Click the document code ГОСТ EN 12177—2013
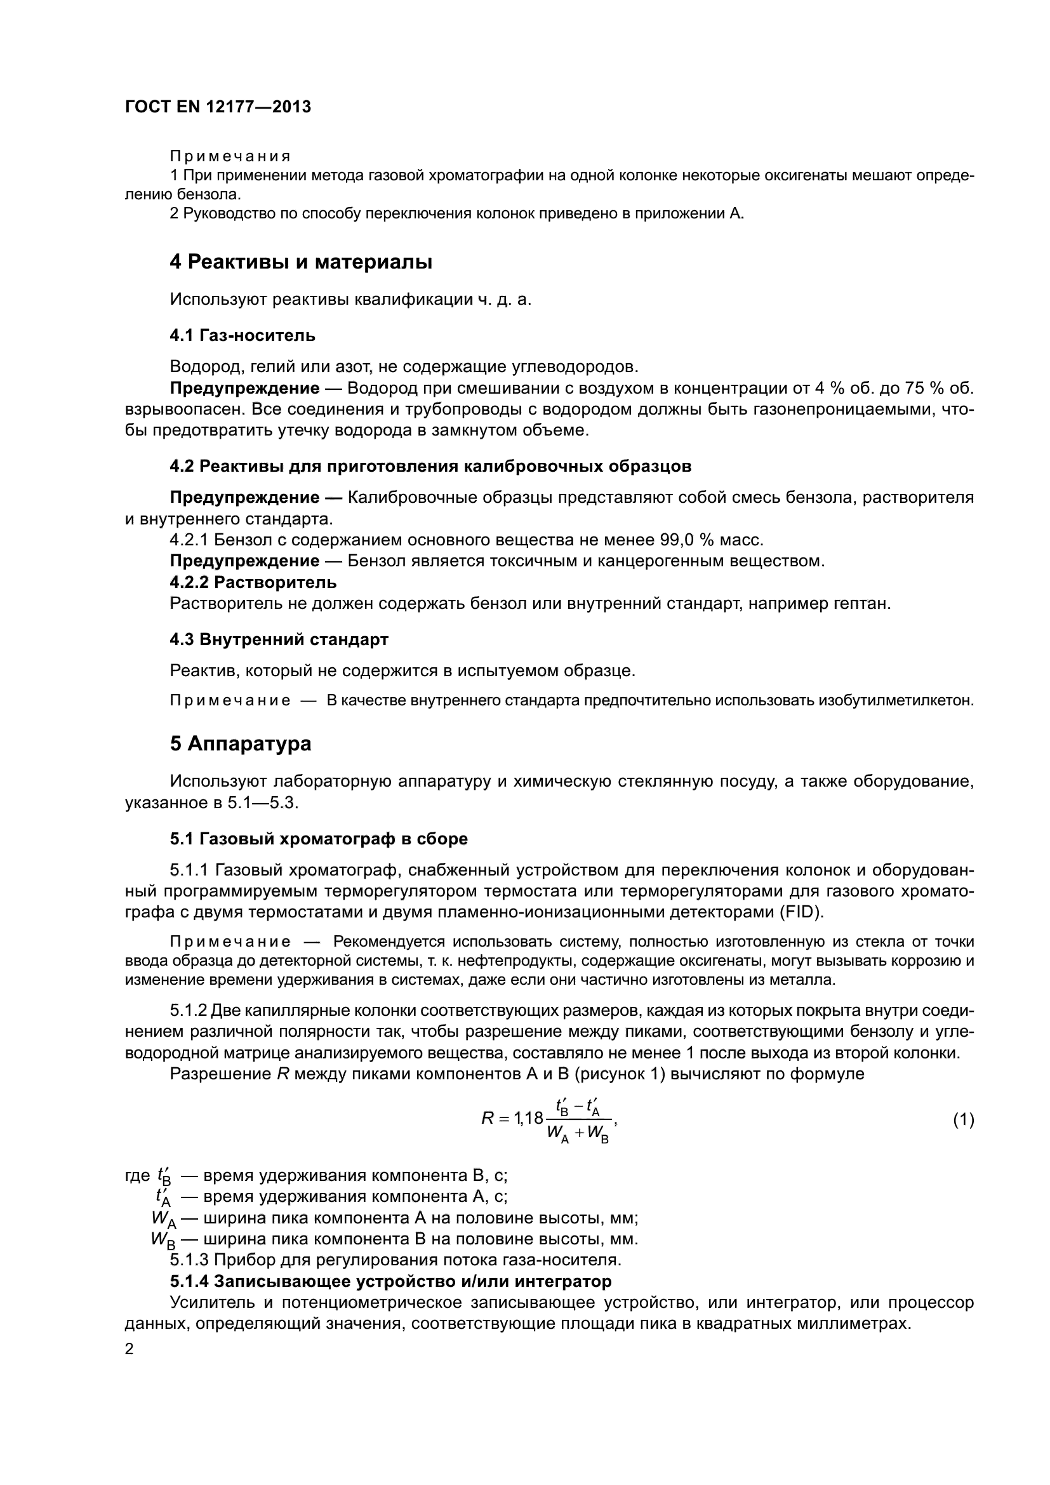coord(218,107)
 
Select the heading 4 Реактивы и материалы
coord(301,262)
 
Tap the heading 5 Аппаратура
coord(241,744)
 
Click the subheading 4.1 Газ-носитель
coord(243,335)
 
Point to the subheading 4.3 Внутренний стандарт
coord(279,640)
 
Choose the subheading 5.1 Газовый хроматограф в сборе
coord(319,839)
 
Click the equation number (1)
coord(964,1119)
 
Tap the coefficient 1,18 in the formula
coord(529,1118)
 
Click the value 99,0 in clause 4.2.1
coord(679,540)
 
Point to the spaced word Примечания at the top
coord(230,157)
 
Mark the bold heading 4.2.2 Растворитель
coord(253,583)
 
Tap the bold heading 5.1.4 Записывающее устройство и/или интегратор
coord(390,1281)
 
